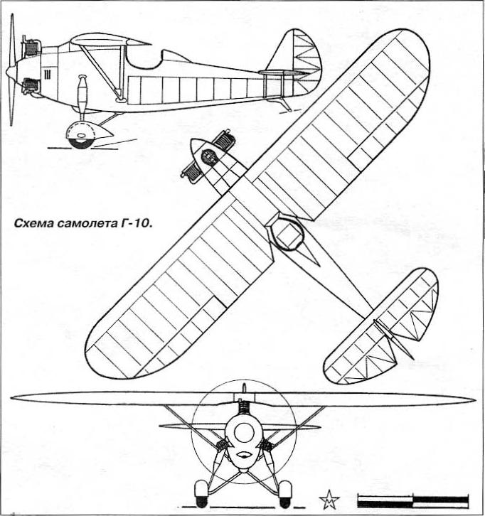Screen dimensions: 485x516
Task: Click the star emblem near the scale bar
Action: pos(329,500)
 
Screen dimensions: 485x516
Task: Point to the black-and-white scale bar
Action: pos(413,500)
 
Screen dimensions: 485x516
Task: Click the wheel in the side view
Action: pos(80,136)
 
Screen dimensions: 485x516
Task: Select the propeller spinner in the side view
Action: pos(12,70)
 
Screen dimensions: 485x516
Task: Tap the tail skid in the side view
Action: pos(286,105)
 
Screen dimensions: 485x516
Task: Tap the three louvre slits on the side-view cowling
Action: pos(47,74)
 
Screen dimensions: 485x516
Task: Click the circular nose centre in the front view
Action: pos(243,431)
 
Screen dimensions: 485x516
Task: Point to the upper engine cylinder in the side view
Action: pos(31,48)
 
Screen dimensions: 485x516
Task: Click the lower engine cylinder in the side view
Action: pos(31,86)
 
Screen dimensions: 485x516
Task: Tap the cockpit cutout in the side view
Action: pos(145,59)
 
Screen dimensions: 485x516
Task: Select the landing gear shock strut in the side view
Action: pos(82,97)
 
